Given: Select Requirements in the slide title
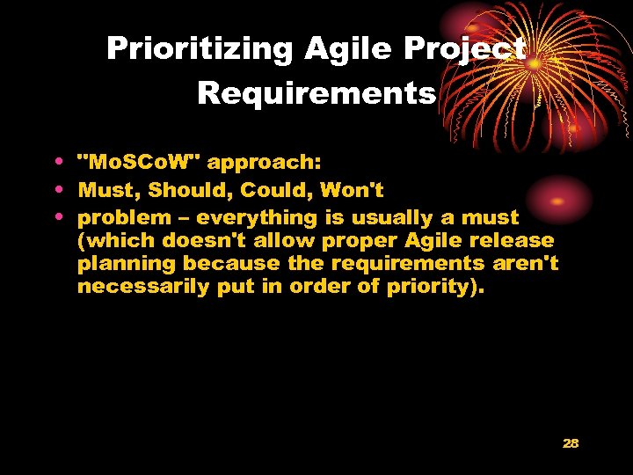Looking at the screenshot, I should [316, 92].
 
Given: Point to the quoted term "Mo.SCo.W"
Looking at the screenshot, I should [140, 164].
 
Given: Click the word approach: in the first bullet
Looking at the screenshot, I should [266, 164].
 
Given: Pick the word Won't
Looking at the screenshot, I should [353, 190].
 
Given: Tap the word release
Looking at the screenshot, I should [512, 240].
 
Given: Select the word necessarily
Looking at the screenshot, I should [140, 287].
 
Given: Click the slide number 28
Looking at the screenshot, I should [571, 443].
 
